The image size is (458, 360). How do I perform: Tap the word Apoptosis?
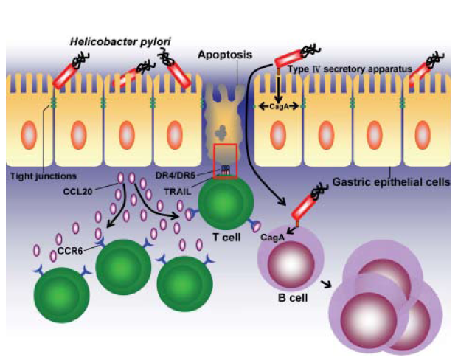tap(225, 55)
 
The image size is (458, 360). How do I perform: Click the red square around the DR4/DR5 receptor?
tap(225, 161)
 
